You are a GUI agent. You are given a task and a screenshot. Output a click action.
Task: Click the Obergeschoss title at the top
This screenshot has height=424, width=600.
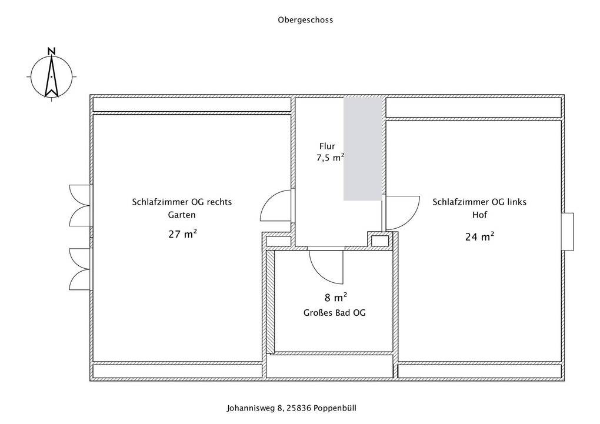pos(305,20)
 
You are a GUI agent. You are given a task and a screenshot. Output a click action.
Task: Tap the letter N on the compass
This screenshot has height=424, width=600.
pos(52,51)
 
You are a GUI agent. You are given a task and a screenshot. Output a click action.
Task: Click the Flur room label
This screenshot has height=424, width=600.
pos(327,146)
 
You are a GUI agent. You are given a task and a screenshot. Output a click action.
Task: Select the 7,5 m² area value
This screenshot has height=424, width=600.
pos(331,157)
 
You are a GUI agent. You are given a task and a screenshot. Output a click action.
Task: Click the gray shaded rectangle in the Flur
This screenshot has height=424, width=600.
pos(363,149)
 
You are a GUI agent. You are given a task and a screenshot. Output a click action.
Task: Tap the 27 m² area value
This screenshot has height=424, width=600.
pos(182,234)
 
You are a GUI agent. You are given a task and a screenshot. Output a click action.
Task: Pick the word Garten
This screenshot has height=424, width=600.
pos(182,215)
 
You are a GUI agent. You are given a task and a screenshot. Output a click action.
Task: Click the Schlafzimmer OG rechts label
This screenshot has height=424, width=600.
pos(182,202)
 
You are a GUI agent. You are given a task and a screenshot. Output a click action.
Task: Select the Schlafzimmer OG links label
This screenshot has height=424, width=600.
pos(479,202)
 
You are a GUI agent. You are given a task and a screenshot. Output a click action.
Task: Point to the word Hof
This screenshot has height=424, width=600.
pos(479,215)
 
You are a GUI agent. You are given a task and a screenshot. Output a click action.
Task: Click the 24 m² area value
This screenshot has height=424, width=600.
pos(479,236)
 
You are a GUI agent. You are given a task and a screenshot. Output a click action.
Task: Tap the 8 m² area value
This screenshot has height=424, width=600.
pos(336,298)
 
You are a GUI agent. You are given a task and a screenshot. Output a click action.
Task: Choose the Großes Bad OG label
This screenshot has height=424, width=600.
pos(335,313)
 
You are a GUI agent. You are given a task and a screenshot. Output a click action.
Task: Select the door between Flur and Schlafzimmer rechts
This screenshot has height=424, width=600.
pos(276,205)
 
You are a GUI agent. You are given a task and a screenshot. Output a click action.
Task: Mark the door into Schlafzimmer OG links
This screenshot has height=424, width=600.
pos(402,213)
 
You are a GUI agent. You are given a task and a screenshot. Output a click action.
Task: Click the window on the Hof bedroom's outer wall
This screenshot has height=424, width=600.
pos(568,232)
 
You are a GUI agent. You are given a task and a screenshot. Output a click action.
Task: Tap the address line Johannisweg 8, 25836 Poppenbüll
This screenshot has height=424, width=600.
pos(292,408)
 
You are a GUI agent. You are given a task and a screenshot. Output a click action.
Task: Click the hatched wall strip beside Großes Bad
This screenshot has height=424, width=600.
pos(270,301)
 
